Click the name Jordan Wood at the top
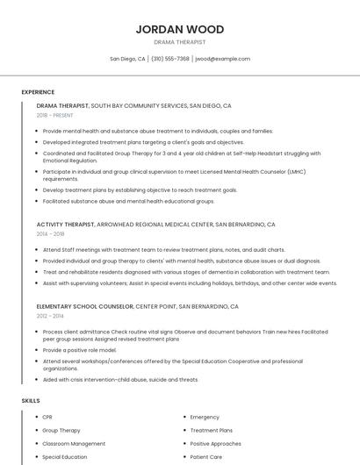point(180,29)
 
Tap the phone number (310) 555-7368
point(169,59)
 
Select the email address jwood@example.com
point(223,59)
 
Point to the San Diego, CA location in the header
point(127,59)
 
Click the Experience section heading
point(38,92)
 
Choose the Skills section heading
point(31,400)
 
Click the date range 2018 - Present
point(56,116)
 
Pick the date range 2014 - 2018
point(50,234)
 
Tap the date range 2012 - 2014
point(50,316)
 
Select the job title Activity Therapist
point(66,225)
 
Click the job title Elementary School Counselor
point(84,306)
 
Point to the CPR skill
point(47,417)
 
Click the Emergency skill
point(205,417)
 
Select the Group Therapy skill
point(61,430)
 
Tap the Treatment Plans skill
point(211,430)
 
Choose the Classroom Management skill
point(74,443)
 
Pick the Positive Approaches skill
point(215,443)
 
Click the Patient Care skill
point(206,456)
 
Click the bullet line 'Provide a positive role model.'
point(79,350)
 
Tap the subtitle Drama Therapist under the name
point(180,42)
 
